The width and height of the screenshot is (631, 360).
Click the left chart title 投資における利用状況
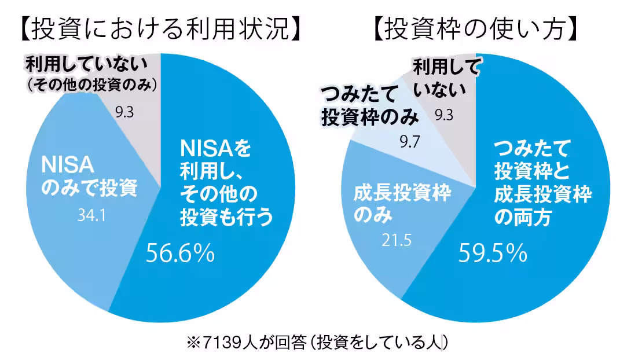tap(160, 29)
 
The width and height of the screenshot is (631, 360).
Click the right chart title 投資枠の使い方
tap(475, 29)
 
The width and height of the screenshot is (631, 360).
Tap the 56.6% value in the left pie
tap(180, 254)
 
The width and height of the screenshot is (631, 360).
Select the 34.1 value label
tap(91, 215)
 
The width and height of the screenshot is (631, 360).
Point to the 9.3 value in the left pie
tap(124, 112)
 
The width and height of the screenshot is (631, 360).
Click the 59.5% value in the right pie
tap(493, 254)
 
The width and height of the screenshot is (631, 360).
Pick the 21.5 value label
tap(397, 241)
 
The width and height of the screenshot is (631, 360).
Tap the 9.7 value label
tap(410, 142)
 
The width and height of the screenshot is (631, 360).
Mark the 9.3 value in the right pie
tap(444, 115)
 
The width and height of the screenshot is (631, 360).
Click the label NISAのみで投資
tap(89, 176)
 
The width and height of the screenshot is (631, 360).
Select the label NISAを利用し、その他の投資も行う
tap(226, 182)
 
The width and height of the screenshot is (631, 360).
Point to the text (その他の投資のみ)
tap(92, 85)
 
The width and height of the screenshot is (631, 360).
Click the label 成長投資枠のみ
tap(402, 204)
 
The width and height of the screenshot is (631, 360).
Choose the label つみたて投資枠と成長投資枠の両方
tap(543, 183)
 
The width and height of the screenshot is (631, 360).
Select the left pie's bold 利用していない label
tap(86, 64)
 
